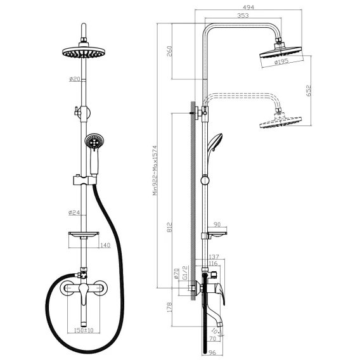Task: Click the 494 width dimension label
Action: (x=248, y=8)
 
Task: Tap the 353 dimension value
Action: (x=243, y=16)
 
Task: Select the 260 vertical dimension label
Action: (x=169, y=51)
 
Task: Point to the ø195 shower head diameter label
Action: (x=281, y=61)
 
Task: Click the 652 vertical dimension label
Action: (x=309, y=91)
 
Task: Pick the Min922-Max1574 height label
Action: (x=155, y=170)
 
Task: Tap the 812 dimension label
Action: (x=169, y=227)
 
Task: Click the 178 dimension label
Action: (x=169, y=307)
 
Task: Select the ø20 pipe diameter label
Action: (x=75, y=79)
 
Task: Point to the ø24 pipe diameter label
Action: (x=74, y=212)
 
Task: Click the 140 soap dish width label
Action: (x=105, y=245)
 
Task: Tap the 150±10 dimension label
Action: (x=84, y=330)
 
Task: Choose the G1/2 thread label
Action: (x=185, y=273)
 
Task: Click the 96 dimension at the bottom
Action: (x=213, y=352)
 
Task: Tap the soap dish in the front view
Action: (x=84, y=234)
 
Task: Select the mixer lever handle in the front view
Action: (x=84, y=293)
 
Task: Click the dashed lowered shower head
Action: (x=280, y=121)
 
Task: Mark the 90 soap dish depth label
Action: (x=217, y=224)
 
